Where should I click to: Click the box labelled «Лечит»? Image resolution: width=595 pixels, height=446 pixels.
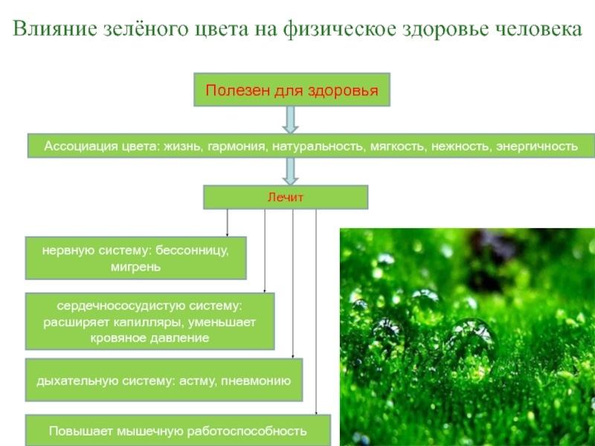pos(286,197)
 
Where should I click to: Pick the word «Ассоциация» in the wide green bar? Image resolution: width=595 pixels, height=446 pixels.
pos(77,146)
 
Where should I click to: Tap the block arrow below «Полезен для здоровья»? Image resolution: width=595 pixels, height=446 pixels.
pos(291,120)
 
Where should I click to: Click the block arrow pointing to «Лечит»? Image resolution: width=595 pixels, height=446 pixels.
pos(291,171)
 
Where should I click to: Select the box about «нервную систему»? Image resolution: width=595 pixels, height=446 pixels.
pos(135,258)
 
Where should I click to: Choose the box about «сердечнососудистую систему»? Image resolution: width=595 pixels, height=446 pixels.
pos(149,321)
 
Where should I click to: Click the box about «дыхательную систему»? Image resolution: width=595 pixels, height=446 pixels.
pos(164,380)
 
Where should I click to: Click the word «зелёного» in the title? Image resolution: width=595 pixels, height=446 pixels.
pos(144,30)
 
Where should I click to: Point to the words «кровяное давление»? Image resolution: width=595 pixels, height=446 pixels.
pos(149,337)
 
